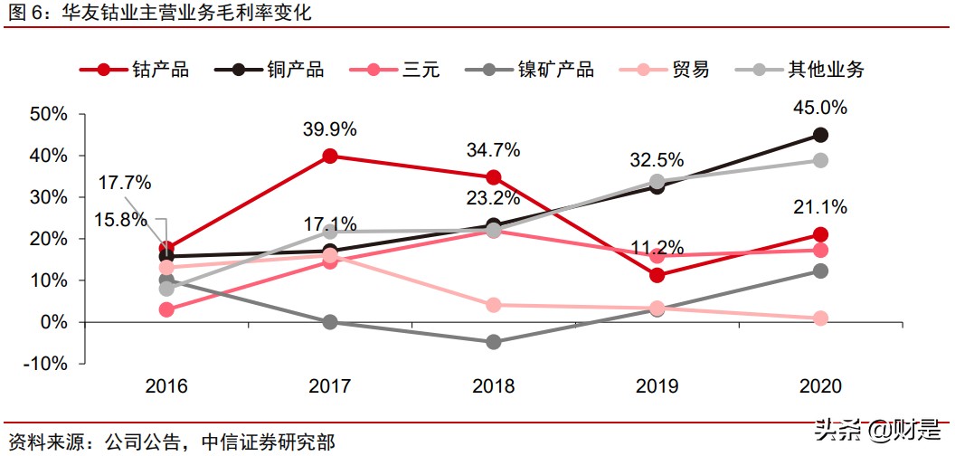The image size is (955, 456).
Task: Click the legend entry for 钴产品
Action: tap(135, 70)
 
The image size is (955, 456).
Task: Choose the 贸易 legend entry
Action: tap(665, 70)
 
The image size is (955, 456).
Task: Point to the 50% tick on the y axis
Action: tap(49, 114)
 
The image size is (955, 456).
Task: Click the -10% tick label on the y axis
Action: tap(46, 364)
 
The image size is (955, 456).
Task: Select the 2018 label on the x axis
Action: tap(493, 387)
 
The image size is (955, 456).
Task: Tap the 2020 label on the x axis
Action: tap(820, 387)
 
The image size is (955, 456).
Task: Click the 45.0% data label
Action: tap(820, 108)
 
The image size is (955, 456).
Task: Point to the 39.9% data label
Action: tap(329, 128)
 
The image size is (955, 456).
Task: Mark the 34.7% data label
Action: tap(493, 148)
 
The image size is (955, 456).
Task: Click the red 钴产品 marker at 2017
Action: tap(330, 156)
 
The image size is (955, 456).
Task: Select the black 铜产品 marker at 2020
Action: tap(820, 135)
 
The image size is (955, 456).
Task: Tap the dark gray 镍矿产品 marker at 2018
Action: tap(494, 342)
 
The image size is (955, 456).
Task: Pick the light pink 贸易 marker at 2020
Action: tap(820, 318)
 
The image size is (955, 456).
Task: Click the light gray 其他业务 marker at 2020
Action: tap(820, 160)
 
